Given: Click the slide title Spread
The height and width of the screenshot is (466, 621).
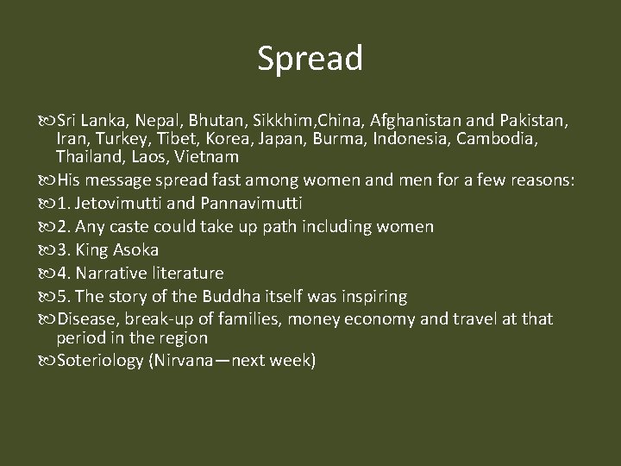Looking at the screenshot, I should [310, 59].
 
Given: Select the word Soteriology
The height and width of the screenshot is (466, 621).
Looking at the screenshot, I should [98, 360].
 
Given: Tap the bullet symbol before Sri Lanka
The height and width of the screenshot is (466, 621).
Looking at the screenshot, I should [45, 118].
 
